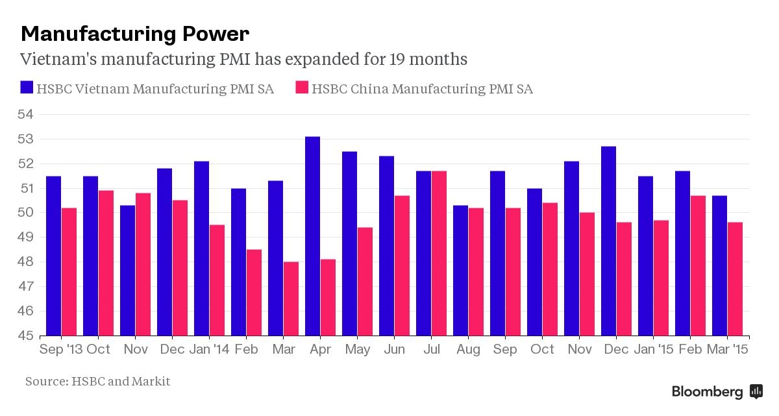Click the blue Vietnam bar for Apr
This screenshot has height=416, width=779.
pyautogui.click(x=312, y=236)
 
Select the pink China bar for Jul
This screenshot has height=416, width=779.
pyautogui.click(x=439, y=254)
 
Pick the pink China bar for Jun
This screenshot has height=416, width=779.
pyautogui.click(x=402, y=266)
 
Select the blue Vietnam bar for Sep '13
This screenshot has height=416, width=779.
pyautogui.click(x=53, y=256)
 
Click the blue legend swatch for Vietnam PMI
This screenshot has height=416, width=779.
pyautogui.click(x=26, y=88)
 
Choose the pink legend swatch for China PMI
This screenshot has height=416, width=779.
pyautogui.click(x=301, y=88)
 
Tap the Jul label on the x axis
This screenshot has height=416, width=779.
pyautogui.click(x=431, y=350)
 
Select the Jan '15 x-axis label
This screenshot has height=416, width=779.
pyautogui.click(x=654, y=350)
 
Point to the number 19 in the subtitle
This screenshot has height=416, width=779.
pyautogui.click(x=398, y=59)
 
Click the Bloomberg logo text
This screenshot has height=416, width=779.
pyautogui.click(x=707, y=391)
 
